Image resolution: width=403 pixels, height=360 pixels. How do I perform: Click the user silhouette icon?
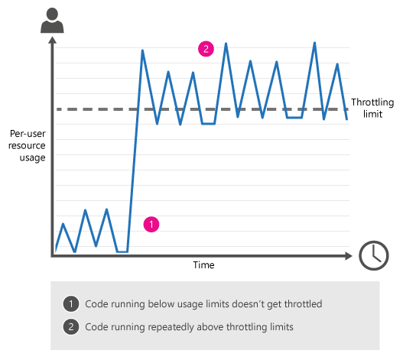[52, 21]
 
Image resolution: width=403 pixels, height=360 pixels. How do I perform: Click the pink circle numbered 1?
[151, 224]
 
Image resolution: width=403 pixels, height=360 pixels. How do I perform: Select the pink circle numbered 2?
[206, 49]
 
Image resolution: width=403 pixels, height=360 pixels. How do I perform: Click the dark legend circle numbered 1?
[71, 304]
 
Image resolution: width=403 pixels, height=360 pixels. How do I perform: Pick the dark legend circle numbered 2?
[71, 327]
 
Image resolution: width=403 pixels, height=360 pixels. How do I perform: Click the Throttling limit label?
[372, 108]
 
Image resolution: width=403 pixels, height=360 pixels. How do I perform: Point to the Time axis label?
[203, 265]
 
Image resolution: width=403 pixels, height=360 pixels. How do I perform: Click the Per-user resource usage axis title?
[27, 146]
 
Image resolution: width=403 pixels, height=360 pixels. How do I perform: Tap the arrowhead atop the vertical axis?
[52, 40]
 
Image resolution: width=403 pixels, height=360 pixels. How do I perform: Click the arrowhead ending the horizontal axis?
[349, 256]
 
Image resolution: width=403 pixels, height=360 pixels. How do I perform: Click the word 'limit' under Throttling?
[372, 114]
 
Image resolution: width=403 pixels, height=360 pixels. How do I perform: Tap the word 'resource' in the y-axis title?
[27, 146]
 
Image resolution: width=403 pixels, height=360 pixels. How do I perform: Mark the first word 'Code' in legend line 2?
[95, 327]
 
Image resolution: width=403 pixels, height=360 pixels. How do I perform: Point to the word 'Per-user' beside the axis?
[28, 134]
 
